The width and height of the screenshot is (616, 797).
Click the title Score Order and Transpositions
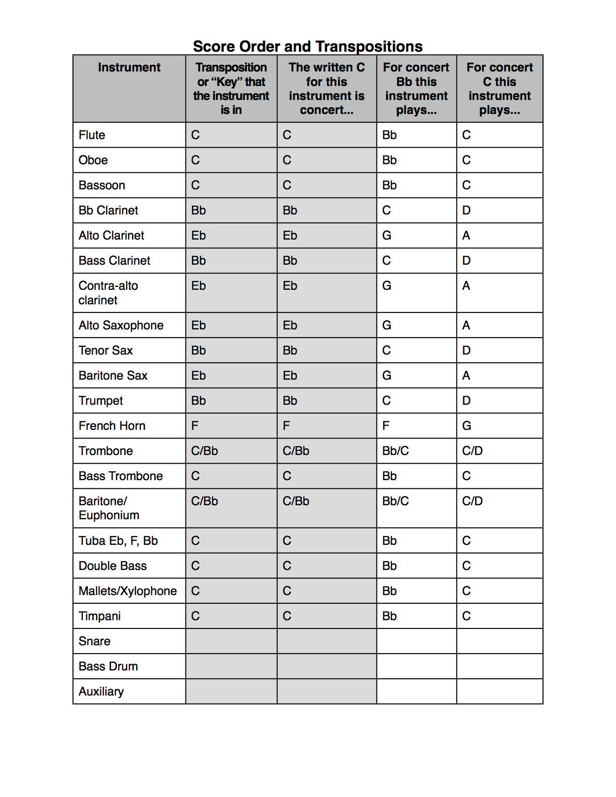pos(308,46)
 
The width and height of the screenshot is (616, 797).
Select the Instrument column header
pos(129,68)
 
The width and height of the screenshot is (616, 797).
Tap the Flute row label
pos(92,135)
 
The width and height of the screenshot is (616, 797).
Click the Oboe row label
pos(93,160)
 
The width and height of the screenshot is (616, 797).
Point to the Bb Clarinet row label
pos(108,211)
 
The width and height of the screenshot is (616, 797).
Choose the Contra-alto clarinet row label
pos(108,293)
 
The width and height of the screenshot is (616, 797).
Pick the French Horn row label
pos(112,426)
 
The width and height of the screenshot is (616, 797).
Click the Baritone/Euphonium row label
pos(109,508)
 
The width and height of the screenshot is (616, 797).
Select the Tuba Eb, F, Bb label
pos(118,541)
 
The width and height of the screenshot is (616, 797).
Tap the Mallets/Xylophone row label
pos(128,591)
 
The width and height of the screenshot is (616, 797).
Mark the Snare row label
pos(95,641)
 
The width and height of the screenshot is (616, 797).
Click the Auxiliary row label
pos(101,692)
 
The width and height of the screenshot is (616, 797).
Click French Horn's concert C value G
pos(467,426)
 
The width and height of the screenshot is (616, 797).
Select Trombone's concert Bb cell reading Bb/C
pos(396,451)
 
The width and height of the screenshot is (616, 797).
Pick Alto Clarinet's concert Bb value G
pos(387,236)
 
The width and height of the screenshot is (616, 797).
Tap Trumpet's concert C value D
pos(466,401)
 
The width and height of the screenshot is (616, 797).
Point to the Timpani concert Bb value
pos(389,616)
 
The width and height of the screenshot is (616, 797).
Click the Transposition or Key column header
pos(231,88)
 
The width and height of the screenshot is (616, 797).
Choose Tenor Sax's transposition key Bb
pos(199,351)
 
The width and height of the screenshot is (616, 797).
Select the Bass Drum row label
pos(108,667)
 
